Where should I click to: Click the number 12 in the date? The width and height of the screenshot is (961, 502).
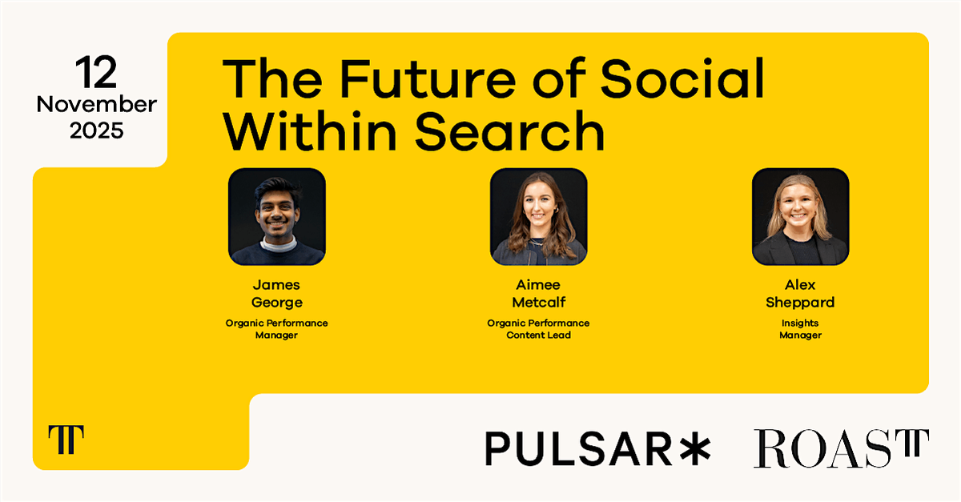point(96,74)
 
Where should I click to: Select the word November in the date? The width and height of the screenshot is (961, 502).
point(96,105)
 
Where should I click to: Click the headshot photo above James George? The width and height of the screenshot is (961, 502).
point(277,217)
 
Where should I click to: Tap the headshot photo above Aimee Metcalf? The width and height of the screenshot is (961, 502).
point(538,217)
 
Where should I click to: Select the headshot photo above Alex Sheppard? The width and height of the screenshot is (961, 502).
point(799,217)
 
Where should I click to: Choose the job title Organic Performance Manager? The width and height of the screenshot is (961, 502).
point(277,329)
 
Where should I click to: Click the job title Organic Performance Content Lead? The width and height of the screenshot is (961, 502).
point(538,329)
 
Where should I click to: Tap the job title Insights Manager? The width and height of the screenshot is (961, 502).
point(799,329)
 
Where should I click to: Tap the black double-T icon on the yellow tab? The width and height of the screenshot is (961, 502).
point(66,440)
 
